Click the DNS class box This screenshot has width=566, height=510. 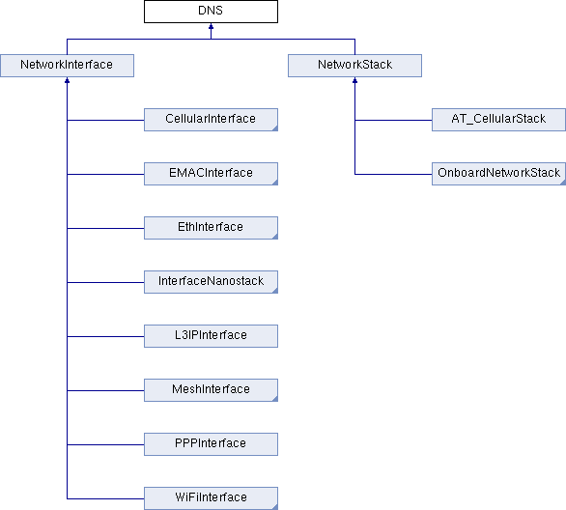[211, 12]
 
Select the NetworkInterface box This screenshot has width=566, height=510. [68, 66]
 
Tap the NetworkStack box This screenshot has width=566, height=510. [354, 66]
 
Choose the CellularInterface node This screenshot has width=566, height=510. [211, 120]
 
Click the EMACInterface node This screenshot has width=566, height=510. [211, 174]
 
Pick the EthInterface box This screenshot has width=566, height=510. [211, 228]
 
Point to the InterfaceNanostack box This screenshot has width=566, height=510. [211, 282]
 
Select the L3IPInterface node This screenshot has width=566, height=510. [211, 336]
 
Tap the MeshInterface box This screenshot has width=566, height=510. [211, 390]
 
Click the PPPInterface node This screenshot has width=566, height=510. [211, 444]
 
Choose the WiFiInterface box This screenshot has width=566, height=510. [211, 498]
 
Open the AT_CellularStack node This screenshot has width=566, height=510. [498, 120]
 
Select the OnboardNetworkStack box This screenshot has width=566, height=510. [498, 174]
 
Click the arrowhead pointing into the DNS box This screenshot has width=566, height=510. [211, 26]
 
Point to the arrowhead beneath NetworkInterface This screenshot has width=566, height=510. [68, 80]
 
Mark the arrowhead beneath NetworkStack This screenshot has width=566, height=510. [354, 80]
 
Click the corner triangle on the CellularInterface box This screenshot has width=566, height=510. [275, 128]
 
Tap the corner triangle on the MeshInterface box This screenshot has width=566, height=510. [275, 399]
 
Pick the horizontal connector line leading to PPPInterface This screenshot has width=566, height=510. [105, 444]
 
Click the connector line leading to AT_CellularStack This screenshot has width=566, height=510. [393, 120]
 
